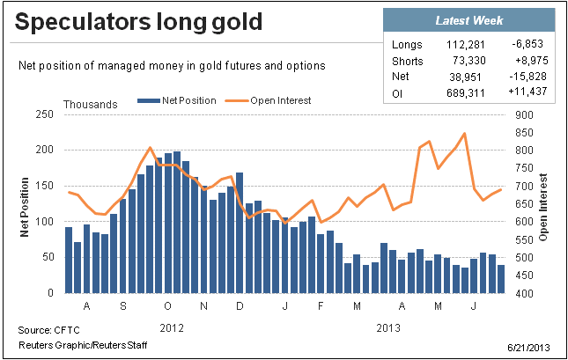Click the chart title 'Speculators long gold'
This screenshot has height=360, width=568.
tap(138, 22)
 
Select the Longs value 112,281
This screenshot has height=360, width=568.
tap(466, 45)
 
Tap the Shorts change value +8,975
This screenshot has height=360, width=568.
tap(531, 60)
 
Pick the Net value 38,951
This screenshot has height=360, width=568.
tap(465, 77)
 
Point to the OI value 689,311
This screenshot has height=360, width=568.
tap(466, 93)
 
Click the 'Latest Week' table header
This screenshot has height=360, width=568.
tap(469, 20)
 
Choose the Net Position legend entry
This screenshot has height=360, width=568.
tap(177, 100)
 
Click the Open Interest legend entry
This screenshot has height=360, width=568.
tap(268, 100)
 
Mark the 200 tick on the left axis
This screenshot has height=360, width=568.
tap(45, 150)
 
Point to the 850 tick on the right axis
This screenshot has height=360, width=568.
tap(524, 133)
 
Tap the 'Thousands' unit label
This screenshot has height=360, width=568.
tap(91, 105)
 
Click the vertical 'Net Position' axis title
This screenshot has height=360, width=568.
tap(25, 207)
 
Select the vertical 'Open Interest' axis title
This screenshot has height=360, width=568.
tap(542, 207)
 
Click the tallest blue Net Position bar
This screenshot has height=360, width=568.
tap(177, 222)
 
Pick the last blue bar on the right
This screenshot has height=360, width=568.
tap(501, 279)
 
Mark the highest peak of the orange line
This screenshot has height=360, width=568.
tap(464, 134)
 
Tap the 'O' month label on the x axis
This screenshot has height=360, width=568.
tap(167, 306)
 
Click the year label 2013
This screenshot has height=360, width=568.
tap(388, 328)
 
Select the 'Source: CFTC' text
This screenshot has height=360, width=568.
tap(49, 330)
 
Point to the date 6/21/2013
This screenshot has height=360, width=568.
tap(528, 348)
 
